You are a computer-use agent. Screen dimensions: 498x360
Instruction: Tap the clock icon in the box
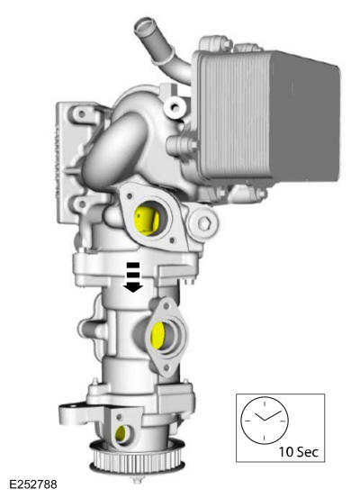pyautogui.click(x=262, y=421)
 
